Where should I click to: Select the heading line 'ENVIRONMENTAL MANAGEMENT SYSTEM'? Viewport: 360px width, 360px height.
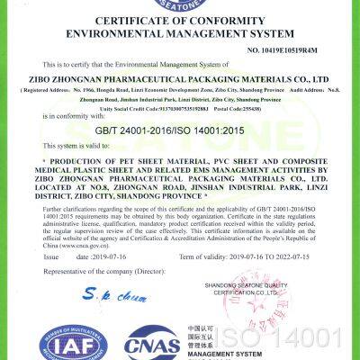pos(180,35)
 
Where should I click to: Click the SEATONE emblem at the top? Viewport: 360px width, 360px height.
pos(180,4)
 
